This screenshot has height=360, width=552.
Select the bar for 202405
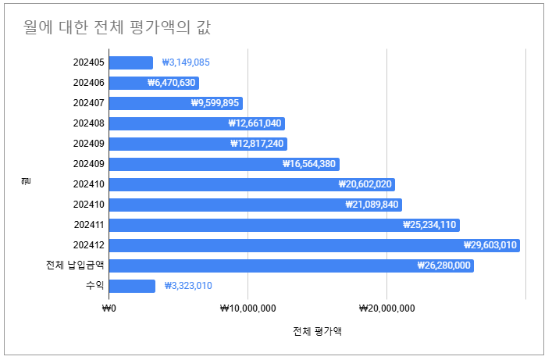[x=130, y=62]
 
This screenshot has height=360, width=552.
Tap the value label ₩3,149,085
[x=186, y=62]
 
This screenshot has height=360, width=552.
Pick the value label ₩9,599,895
[x=215, y=103]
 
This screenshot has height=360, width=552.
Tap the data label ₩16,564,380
[x=309, y=164]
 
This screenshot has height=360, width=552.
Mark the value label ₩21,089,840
[x=372, y=205]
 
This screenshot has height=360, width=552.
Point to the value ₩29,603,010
[x=490, y=245]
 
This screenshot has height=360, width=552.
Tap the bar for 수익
[x=132, y=286]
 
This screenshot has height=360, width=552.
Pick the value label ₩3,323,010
[x=188, y=286]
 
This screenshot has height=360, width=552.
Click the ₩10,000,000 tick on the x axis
[x=248, y=308]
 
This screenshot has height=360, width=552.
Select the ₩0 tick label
[x=109, y=308]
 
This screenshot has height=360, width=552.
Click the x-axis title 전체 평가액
[x=317, y=331]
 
